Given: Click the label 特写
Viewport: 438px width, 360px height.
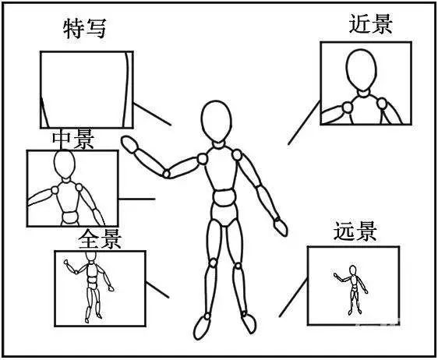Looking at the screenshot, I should click(x=83, y=30).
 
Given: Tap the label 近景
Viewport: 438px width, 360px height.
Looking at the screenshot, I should click(x=370, y=24).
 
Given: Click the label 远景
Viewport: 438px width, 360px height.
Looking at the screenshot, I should click(x=355, y=231).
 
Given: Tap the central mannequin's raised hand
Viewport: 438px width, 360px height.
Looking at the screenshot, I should click(x=129, y=143).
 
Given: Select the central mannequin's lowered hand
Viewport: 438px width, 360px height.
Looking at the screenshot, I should click(x=279, y=227).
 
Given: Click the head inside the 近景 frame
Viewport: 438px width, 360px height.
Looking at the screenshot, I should click(x=361, y=71).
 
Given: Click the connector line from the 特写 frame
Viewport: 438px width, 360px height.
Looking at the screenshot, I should click(x=153, y=114).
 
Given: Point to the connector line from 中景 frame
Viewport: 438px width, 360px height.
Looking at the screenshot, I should click(x=136, y=198).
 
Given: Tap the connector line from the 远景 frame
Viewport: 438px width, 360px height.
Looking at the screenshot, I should click(x=292, y=299).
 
